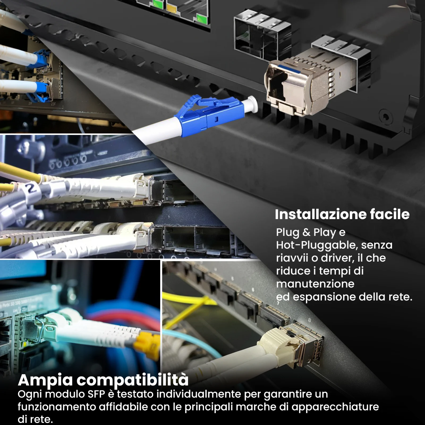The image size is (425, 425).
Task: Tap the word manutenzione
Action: (x=315, y=284)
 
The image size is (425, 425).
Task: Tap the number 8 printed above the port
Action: (x=309, y=320)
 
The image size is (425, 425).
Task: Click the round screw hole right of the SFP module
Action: (x=385, y=116)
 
